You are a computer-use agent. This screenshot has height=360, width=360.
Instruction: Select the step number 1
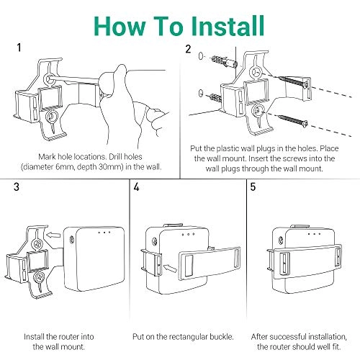(18, 48)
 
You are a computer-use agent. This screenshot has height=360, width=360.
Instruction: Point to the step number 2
(189, 49)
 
